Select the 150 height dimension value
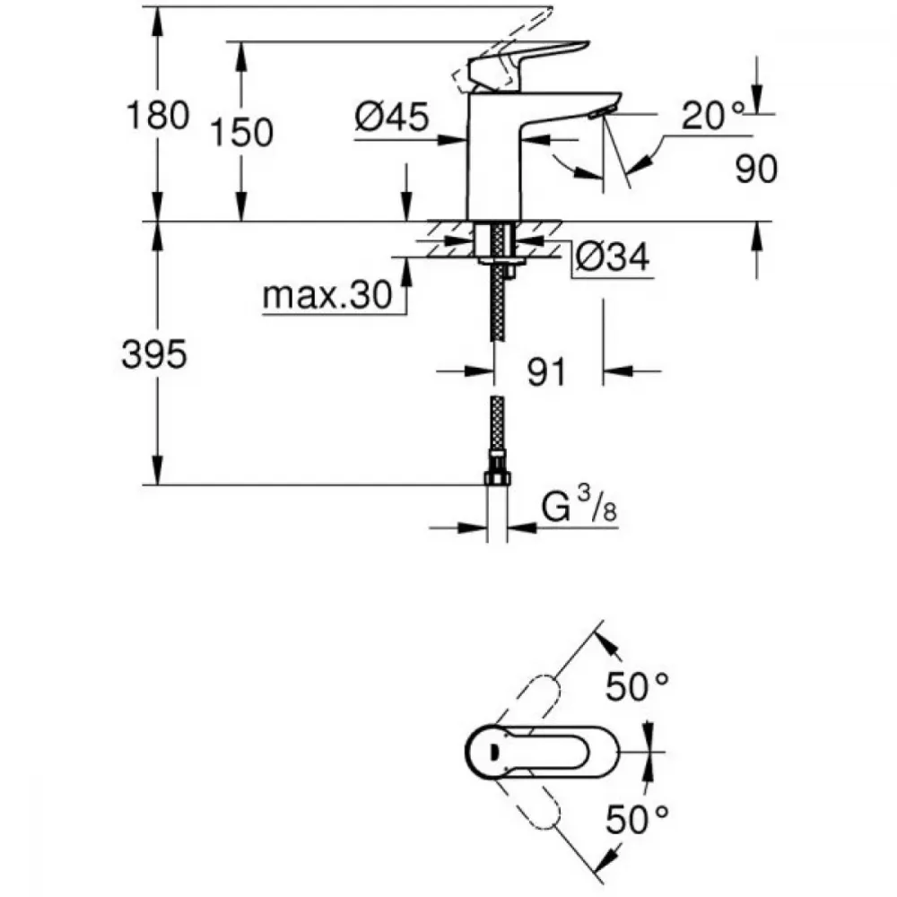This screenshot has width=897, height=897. tap(241, 133)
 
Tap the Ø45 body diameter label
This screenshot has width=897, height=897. tap(391, 117)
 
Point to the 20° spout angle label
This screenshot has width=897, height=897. tap(713, 115)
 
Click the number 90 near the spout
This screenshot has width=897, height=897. tap(756, 169)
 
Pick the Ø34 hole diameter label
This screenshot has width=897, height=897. tap(613, 258)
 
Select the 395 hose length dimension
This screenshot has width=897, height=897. tap(154, 355)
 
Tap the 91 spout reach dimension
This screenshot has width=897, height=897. tap(545, 371)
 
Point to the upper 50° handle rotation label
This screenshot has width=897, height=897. tap(637, 688)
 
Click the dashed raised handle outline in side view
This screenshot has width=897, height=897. tap(502, 36)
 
